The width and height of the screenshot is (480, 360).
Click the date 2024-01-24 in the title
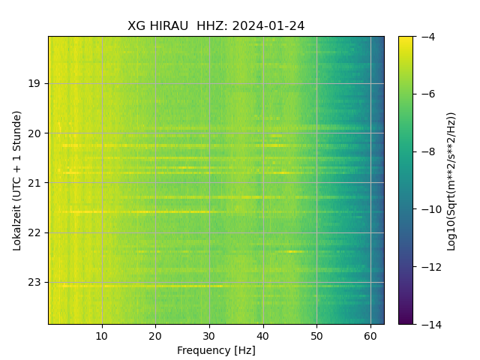pos(268,26)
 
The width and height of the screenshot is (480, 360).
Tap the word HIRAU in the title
pos(169,26)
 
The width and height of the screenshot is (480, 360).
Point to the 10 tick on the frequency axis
pos(102,334)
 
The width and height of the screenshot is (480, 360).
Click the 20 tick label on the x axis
pos(155,334)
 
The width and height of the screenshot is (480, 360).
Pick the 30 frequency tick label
pos(209,334)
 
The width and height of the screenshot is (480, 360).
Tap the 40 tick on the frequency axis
pos(262,334)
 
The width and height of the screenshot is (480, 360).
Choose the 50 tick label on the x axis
pos(316,334)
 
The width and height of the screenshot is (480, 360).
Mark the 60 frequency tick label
pos(370,334)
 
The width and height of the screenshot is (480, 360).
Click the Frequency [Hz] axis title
pos(216,350)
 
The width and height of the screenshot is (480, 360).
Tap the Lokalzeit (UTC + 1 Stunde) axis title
pos(17,180)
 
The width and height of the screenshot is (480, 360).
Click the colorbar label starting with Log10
pos(451,180)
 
